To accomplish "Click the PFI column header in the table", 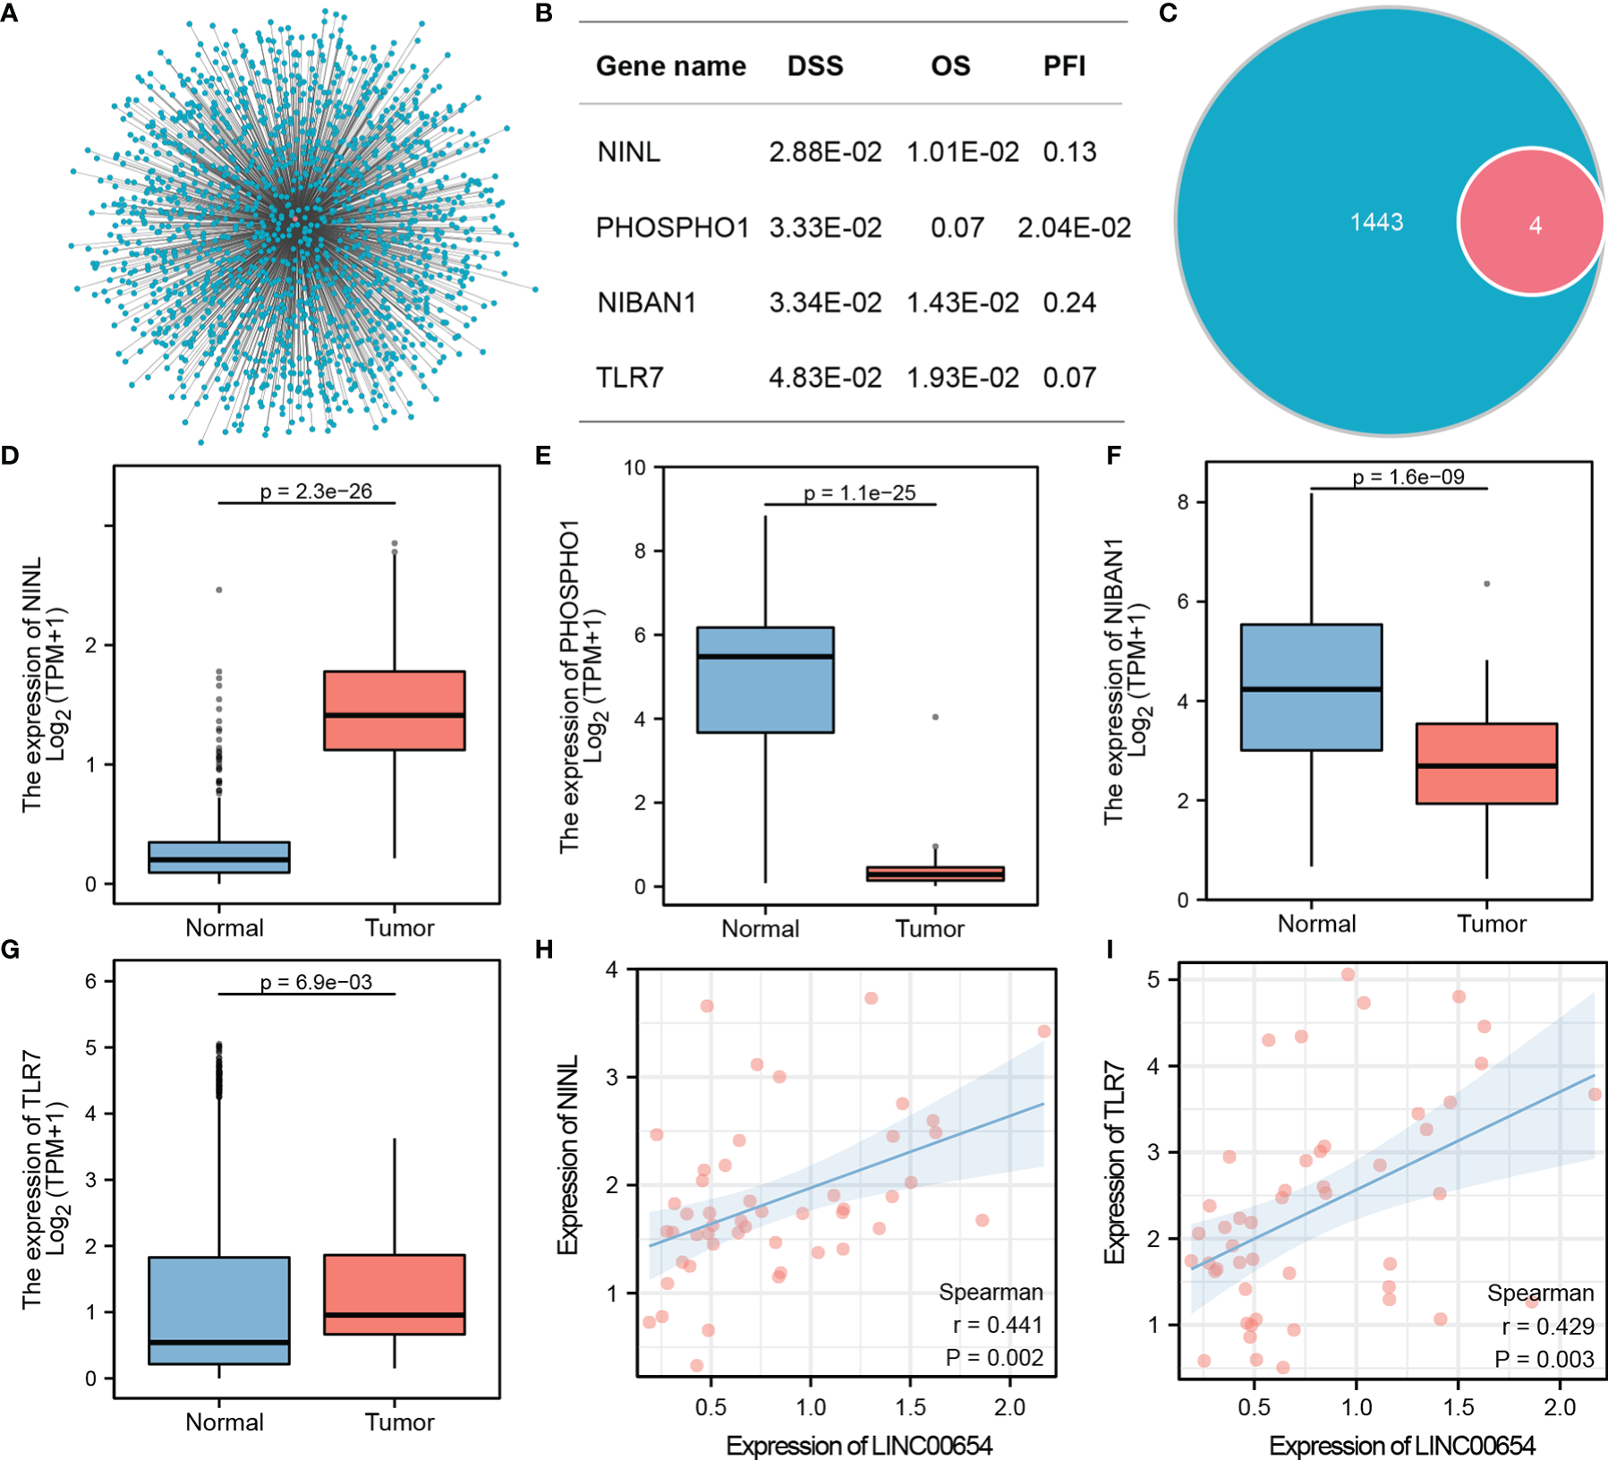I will [x=1064, y=66].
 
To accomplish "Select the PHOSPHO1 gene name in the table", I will [x=672, y=228].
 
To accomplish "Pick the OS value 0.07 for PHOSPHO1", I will [x=957, y=228].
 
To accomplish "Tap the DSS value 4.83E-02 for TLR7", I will [x=825, y=378].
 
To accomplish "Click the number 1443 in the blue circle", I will [x=1376, y=222].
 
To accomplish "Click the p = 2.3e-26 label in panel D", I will [x=316, y=491].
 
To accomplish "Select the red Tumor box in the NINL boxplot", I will [x=395, y=710].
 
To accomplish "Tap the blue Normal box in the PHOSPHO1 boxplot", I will [x=765, y=679].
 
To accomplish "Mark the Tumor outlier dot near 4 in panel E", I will [x=935, y=717].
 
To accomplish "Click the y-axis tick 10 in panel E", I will [x=634, y=467].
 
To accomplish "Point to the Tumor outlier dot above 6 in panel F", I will [x=1487, y=584].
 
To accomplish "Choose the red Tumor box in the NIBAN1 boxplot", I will [x=1486, y=764].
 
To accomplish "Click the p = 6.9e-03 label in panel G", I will [x=316, y=982].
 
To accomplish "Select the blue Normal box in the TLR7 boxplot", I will [x=219, y=1311].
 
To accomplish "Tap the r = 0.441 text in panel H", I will [x=998, y=1325].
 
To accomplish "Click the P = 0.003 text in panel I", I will [x=1544, y=1360].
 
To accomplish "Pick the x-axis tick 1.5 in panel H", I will [x=911, y=1407].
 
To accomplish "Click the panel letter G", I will [x=10, y=949].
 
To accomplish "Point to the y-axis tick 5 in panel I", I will [x=1153, y=980].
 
